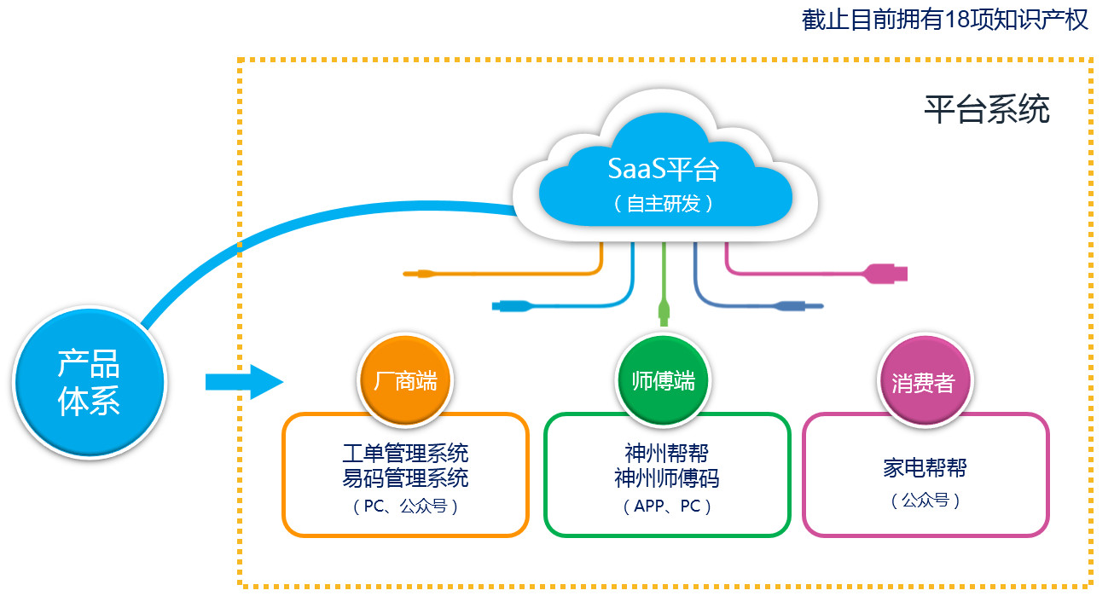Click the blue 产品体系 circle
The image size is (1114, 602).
89,382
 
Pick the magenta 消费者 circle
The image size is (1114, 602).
923,383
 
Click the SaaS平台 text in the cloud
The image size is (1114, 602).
664,169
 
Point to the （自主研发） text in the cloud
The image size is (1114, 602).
664,205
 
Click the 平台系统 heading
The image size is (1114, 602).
987,110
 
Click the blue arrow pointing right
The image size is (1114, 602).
243,381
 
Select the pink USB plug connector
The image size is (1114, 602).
887,274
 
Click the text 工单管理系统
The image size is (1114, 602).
405,452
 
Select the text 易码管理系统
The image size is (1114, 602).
405,478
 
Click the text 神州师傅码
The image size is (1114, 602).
667,478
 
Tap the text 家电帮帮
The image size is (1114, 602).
925,467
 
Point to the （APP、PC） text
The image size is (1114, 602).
667,506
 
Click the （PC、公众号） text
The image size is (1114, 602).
405,506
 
